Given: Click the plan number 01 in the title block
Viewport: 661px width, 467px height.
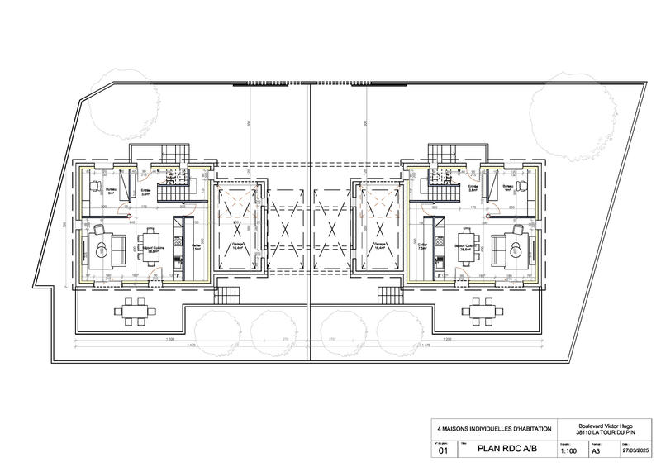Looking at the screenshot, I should pos(442,452).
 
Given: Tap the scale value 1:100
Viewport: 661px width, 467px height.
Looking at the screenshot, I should pos(568,452).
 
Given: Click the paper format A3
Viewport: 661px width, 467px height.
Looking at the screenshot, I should pos(596,452).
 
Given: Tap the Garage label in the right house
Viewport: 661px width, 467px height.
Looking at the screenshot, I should pos(379,245).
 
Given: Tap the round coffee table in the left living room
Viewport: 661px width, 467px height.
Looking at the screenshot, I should pos(102,245).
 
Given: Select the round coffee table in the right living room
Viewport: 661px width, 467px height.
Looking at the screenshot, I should pos(518,245).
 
